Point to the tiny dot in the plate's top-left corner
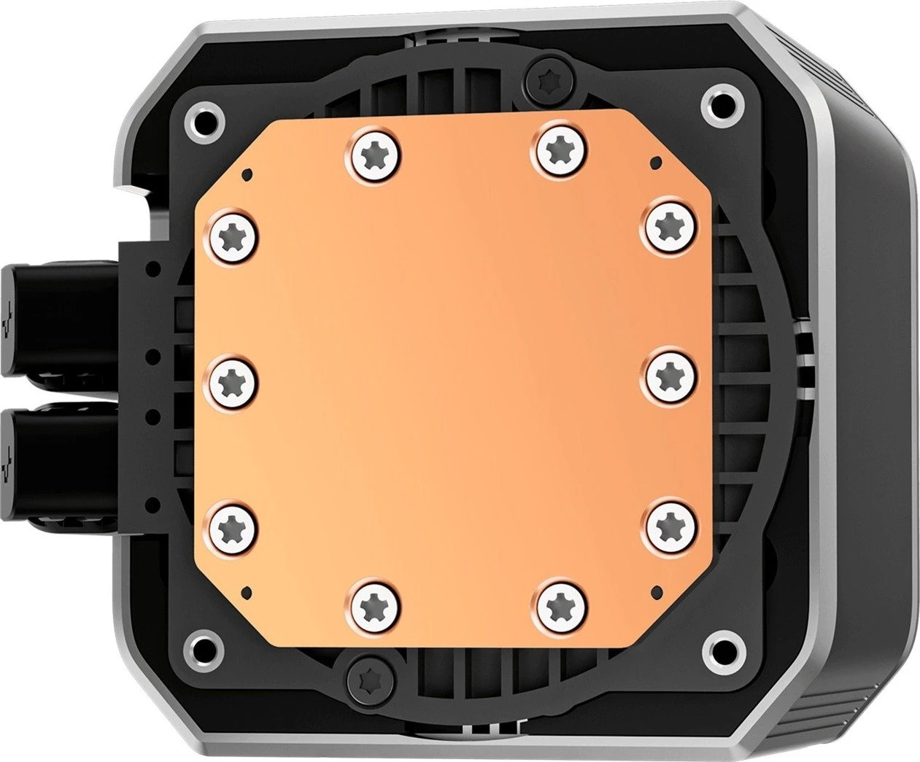click(249, 173)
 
